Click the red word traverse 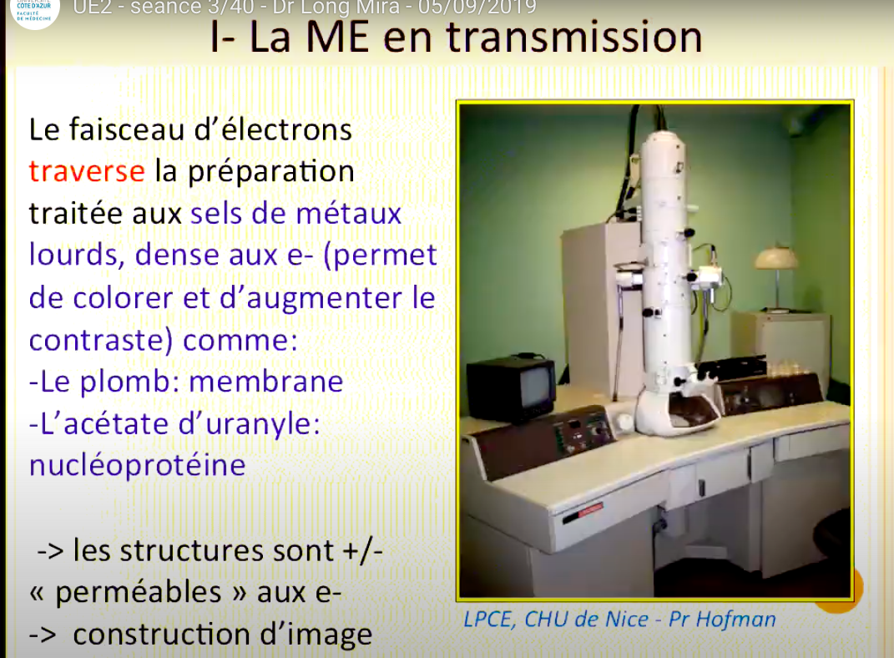[x=87, y=171]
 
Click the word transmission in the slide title [x=573, y=37]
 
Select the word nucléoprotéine [x=138, y=466]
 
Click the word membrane [x=265, y=382]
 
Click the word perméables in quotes [x=139, y=593]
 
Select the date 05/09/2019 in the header [x=477, y=8]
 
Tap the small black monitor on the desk [x=512, y=388]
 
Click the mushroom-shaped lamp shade [x=776, y=258]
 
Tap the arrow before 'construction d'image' [x=43, y=635]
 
